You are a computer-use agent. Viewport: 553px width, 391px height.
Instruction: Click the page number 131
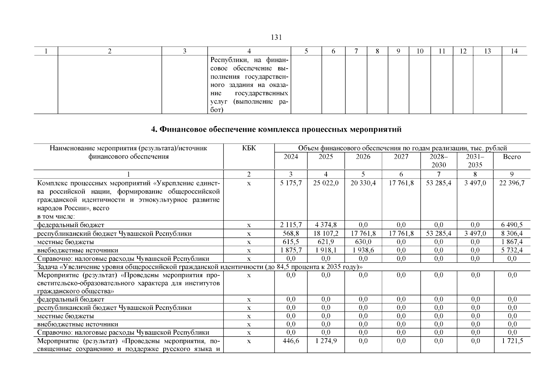[276, 37]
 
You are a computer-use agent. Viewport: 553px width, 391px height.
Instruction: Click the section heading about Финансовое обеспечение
[276, 130]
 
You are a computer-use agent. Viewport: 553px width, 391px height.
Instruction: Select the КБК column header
[249, 148]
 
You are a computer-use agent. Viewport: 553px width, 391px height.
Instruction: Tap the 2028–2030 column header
[439, 161]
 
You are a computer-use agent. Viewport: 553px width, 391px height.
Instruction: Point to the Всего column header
[512, 157]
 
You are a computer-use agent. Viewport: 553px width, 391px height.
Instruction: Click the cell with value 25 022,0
[326, 183]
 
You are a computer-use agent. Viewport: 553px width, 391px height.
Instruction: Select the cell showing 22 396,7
[512, 183]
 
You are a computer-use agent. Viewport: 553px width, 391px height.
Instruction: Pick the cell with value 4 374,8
[326, 225]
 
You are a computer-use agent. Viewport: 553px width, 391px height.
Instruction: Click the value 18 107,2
[326, 233]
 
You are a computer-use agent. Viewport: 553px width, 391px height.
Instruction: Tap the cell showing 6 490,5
[512, 225]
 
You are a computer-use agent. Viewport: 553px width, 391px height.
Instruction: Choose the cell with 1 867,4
[512, 242]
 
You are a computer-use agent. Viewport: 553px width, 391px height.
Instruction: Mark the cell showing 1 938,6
[363, 250]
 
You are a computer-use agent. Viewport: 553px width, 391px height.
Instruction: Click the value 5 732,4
[512, 250]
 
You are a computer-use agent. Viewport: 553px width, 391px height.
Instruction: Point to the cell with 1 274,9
[326, 341]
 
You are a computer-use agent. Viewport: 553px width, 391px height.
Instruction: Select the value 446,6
[291, 341]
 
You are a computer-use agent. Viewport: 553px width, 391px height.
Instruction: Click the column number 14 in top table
[514, 51]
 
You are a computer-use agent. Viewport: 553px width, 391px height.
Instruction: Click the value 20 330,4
[363, 183]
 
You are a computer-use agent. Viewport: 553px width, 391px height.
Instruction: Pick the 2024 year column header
[291, 157]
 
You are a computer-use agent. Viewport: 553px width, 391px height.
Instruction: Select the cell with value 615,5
[291, 242]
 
